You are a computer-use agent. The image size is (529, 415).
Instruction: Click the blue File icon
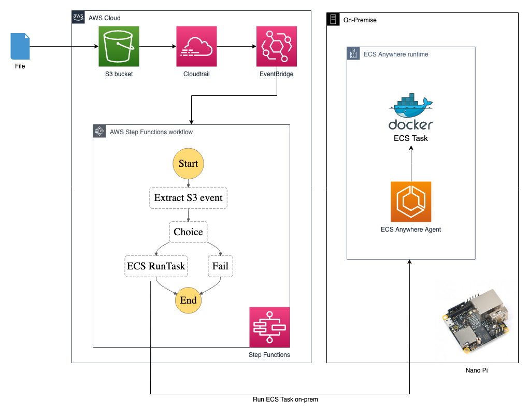20,47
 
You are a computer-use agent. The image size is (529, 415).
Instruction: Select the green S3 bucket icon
119,47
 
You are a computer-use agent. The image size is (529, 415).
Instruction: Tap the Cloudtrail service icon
196,47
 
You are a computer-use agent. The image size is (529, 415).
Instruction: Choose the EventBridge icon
277,47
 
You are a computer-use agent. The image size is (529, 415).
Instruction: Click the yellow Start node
188,164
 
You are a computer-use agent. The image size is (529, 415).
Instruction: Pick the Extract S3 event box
188,198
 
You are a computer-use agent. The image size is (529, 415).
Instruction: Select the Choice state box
188,232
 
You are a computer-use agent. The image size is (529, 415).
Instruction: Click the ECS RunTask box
156,266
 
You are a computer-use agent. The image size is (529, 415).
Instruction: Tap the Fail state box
220,266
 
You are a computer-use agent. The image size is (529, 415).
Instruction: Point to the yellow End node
188,300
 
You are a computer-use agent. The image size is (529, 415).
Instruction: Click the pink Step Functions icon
269,327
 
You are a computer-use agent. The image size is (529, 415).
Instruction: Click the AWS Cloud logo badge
78,17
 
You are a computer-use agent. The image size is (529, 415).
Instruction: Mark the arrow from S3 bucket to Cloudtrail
158,47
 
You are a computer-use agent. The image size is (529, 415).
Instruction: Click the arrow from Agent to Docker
411,163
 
